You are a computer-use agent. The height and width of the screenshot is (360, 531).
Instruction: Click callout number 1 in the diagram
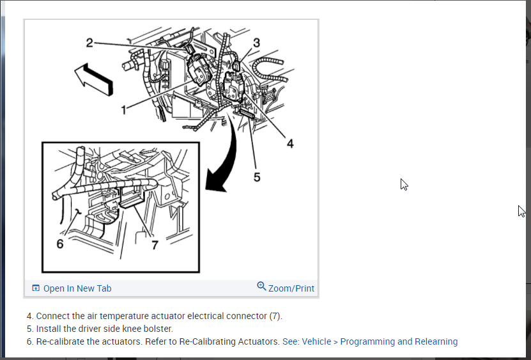[x=124, y=108]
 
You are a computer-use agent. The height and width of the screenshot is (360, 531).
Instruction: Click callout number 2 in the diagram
[x=89, y=43]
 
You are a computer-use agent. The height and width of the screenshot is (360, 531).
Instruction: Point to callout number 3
[x=256, y=43]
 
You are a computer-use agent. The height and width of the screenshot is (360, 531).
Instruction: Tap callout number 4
[x=290, y=144]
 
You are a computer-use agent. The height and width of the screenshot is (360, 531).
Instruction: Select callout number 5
[x=257, y=177]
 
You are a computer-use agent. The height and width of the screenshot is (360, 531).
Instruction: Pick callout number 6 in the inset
[x=60, y=244]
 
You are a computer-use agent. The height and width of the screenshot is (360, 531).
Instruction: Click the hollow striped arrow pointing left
[x=93, y=78]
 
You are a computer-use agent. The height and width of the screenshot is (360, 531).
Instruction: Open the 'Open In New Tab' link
[x=77, y=288]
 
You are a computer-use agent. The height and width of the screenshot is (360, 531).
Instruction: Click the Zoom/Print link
[x=291, y=288]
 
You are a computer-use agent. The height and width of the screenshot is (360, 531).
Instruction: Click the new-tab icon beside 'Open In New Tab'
[x=36, y=288]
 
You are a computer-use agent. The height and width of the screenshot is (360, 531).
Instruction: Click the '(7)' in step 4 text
[x=275, y=316]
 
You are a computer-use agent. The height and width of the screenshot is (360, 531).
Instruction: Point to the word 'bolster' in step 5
[x=157, y=329]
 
